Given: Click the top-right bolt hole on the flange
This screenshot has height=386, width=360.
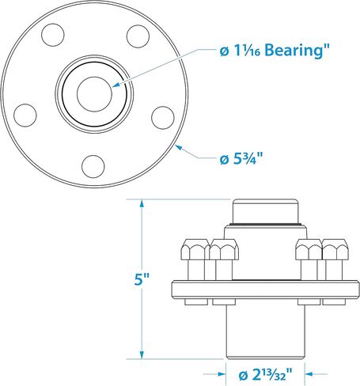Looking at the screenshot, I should [138, 36].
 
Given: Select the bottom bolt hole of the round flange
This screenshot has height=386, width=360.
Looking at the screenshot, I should [94, 165].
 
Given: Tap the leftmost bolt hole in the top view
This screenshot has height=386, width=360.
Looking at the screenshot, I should [25, 116].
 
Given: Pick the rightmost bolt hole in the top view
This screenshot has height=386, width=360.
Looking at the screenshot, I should [162, 116].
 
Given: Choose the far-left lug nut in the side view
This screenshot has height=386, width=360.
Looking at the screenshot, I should [195, 253].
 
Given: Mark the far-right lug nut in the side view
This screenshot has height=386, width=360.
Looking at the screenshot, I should [335, 253].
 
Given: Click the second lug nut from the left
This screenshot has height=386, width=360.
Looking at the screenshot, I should [223, 253].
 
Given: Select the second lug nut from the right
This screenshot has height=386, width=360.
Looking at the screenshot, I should [307, 253].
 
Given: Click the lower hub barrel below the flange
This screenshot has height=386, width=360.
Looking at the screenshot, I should [265, 332].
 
